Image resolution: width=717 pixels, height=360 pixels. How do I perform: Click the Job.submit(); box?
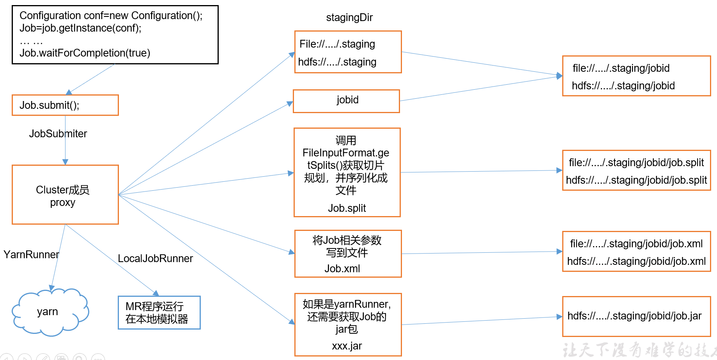[65, 105]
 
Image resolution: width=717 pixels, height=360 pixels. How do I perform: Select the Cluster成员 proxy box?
[65, 195]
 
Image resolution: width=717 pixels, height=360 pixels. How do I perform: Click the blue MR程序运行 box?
[159, 312]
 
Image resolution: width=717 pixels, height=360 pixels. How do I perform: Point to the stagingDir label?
[349, 18]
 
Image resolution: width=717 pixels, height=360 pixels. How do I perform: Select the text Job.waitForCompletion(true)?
[85, 53]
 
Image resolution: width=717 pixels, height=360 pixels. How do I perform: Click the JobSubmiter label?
[58, 134]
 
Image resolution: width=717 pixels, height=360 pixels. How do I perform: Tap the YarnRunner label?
[31, 255]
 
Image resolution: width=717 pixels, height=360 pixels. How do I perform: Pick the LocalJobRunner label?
[155, 259]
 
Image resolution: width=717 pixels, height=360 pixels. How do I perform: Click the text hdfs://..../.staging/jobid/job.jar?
[634, 316]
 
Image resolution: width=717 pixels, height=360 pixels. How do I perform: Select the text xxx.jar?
[347, 346]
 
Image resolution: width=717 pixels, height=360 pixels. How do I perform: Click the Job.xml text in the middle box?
[342, 269]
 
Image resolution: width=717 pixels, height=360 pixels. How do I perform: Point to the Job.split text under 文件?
[347, 208]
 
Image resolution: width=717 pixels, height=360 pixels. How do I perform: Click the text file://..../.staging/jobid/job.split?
[636, 163]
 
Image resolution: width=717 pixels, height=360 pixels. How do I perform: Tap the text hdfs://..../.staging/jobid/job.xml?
[636, 261]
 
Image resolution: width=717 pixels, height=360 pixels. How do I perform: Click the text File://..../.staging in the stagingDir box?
[337, 44]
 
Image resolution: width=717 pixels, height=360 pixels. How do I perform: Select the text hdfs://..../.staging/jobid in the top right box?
[623, 86]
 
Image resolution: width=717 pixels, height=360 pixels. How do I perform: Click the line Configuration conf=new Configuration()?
[111, 16]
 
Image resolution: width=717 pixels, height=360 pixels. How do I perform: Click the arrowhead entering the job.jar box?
[559, 317]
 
